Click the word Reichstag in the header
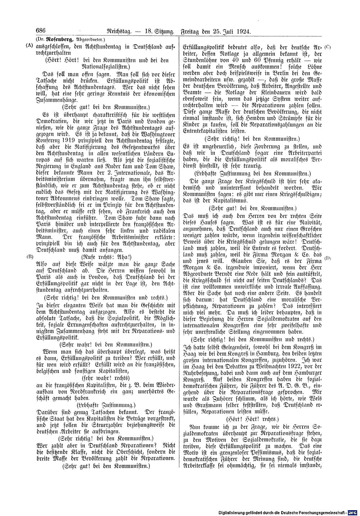click(114, 32)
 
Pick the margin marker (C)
click(327, 47)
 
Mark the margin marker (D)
click(327, 258)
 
